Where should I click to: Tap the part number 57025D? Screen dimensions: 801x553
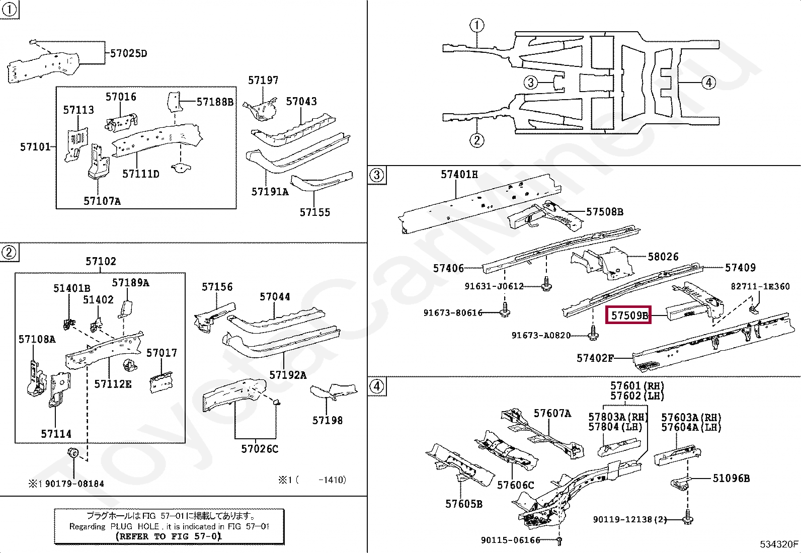[x=128, y=53]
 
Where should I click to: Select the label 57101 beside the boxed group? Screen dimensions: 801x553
[x=35, y=146]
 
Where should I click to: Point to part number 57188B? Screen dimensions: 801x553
[x=215, y=102]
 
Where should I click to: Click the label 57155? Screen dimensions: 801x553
[x=314, y=212]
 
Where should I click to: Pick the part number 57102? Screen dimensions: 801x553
[x=101, y=261]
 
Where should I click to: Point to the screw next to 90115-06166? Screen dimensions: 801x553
[x=559, y=541]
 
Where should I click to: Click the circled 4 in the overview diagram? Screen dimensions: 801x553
[x=708, y=83]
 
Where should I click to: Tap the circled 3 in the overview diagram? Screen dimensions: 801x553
[x=531, y=83]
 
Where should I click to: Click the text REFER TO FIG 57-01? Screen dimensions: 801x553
[x=169, y=536]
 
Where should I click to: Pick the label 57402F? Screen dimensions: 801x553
[x=595, y=358]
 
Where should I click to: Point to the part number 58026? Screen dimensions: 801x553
[x=663, y=257]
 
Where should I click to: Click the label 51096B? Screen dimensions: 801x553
[x=731, y=478]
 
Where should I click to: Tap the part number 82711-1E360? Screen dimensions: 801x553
[x=760, y=286]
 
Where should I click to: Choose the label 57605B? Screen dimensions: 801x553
[x=464, y=504]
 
